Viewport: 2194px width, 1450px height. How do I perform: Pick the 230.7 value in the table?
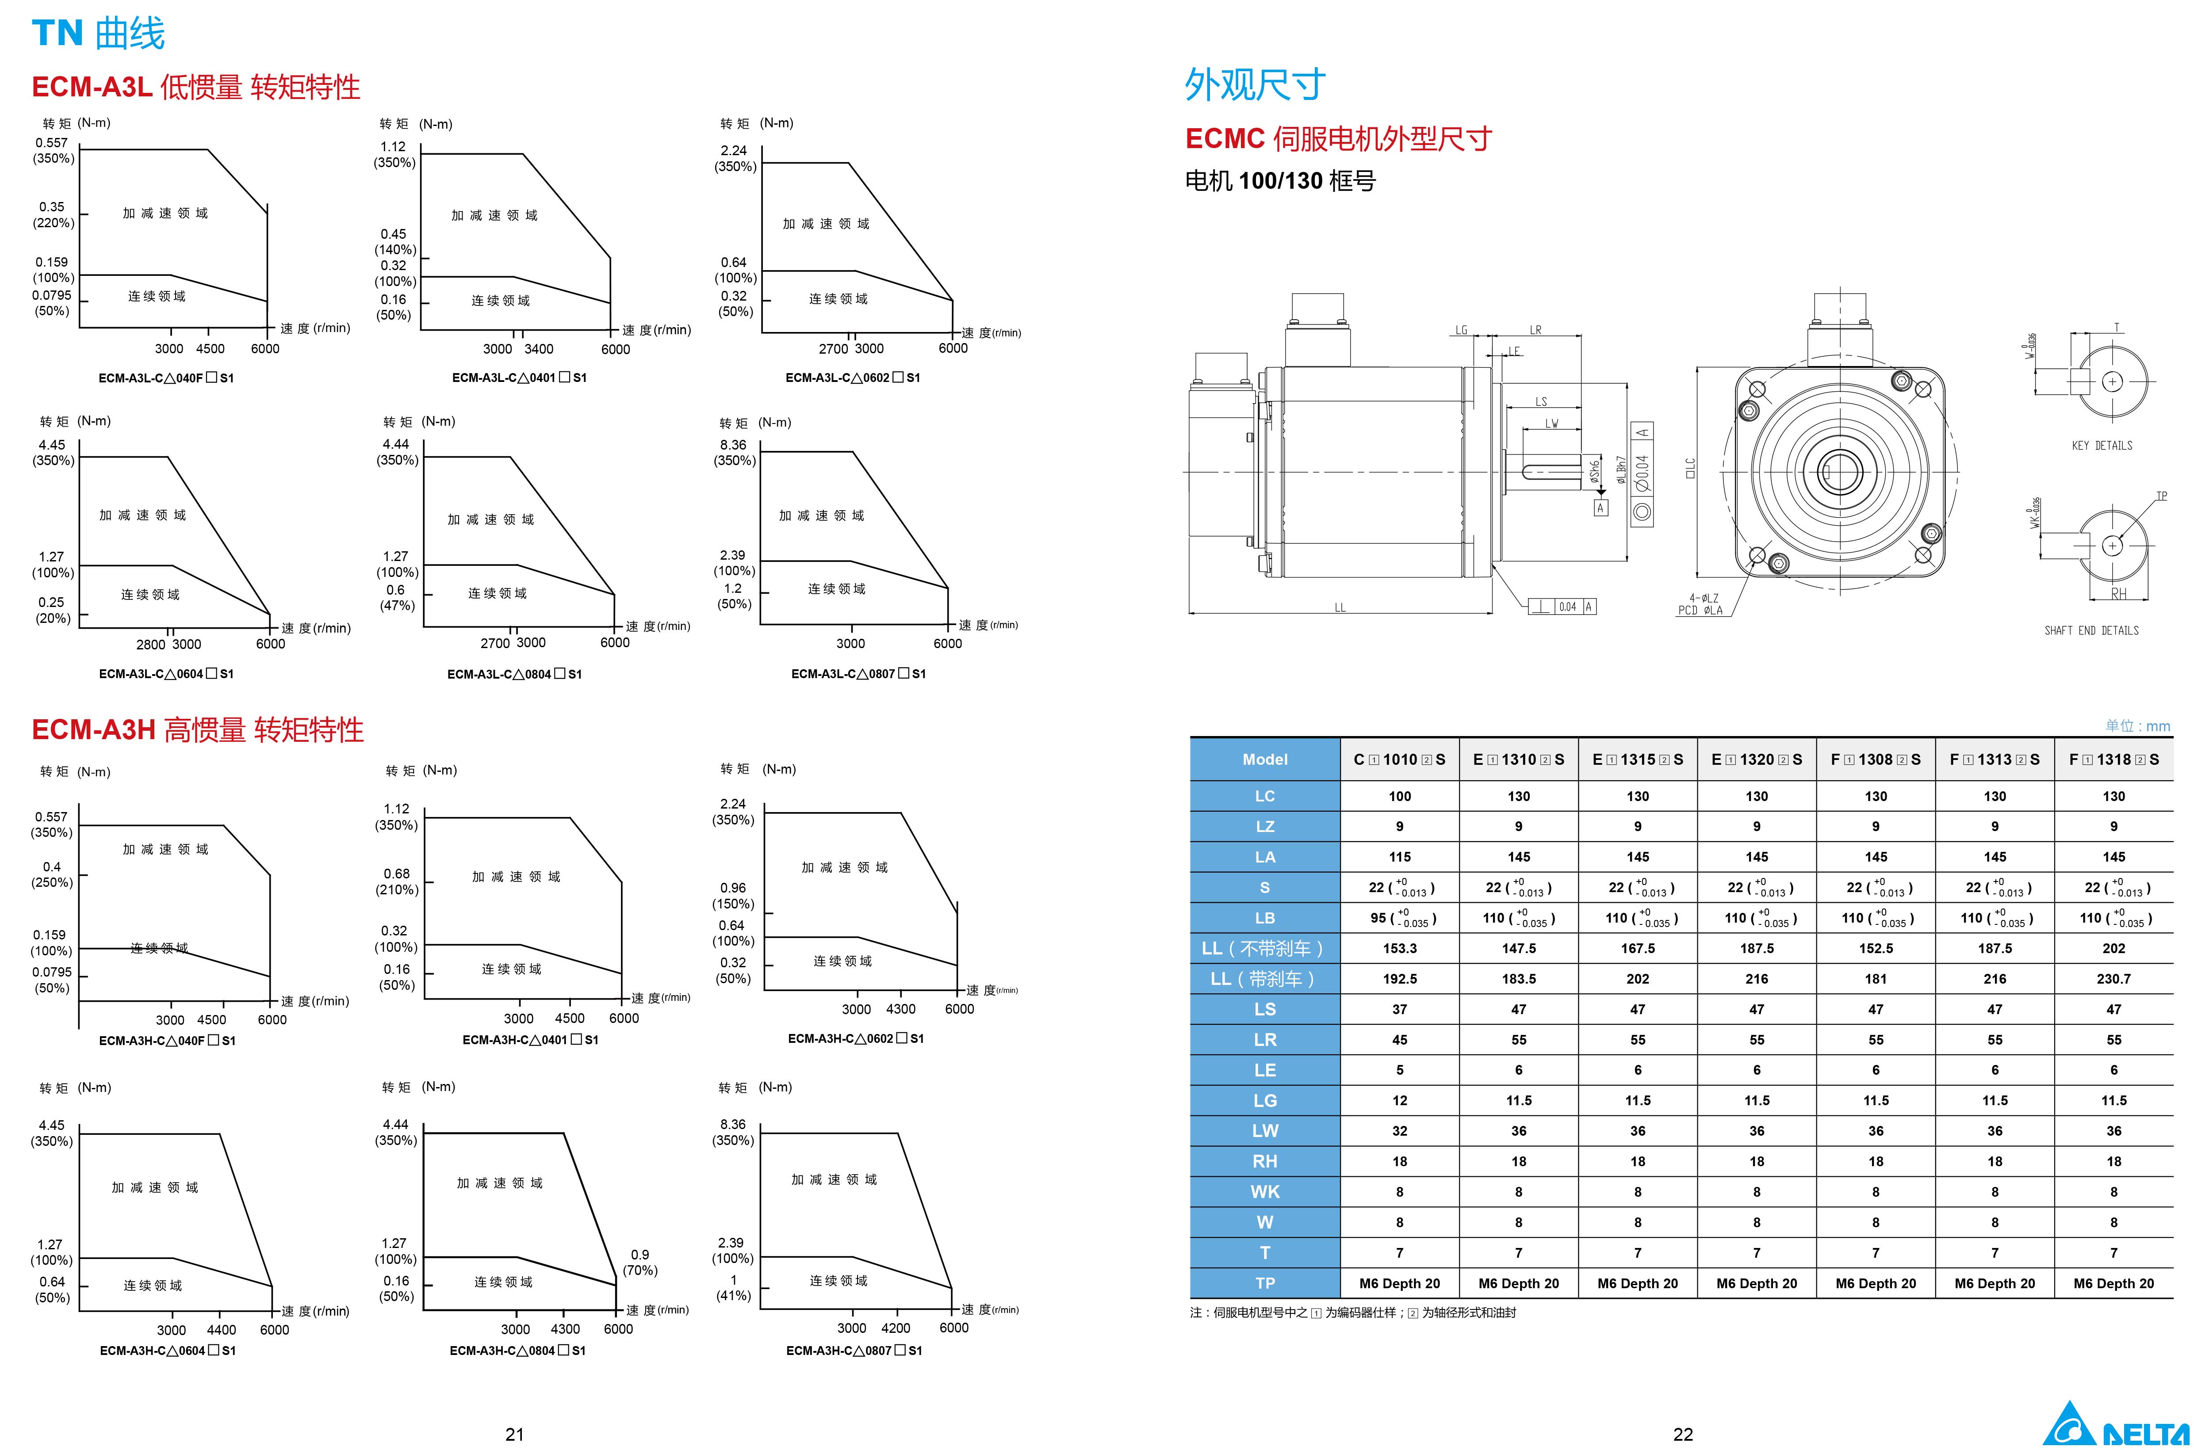point(2114,978)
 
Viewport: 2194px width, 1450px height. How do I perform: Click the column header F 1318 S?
point(2114,759)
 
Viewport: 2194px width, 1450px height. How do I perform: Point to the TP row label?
point(1264,1282)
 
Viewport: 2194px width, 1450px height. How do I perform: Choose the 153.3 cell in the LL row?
point(1399,948)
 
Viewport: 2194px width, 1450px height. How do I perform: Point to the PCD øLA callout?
point(1700,611)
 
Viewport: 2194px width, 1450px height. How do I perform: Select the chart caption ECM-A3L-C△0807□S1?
point(858,674)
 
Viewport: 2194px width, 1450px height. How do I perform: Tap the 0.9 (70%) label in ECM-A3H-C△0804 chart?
point(640,1262)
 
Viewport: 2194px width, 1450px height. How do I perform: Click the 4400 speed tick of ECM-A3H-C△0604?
point(221,1330)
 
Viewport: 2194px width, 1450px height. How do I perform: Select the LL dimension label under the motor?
point(1339,607)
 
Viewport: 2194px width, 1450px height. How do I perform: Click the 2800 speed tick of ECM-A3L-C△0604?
point(151,645)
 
